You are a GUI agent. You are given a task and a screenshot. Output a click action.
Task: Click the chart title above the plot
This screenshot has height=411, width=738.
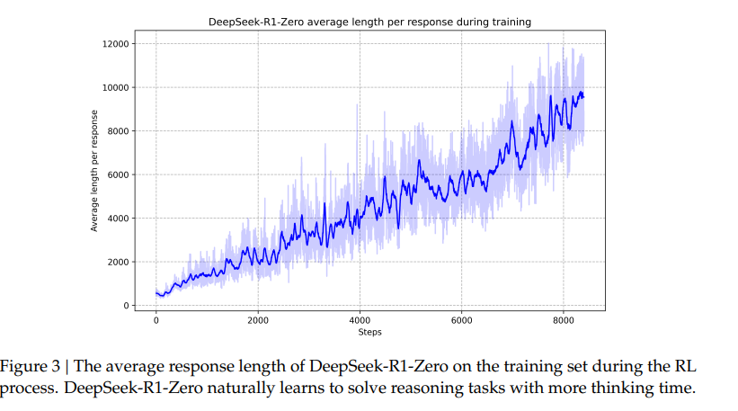click(x=369, y=21)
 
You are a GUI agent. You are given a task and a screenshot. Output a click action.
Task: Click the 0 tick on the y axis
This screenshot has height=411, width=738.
click(x=128, y=306)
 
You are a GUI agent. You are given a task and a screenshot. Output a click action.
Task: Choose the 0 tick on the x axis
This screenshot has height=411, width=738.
click(x=156, y=320)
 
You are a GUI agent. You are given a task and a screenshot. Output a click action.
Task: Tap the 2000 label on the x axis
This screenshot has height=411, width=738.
click(x=258, y=320)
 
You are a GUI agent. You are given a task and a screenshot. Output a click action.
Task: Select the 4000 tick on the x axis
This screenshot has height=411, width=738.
click(x=360, y=320)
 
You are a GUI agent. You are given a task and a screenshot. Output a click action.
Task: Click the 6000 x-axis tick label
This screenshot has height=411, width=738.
click(x=461, y=320)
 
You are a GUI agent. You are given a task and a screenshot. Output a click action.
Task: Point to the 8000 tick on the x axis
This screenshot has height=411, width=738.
click(x=564, y=320)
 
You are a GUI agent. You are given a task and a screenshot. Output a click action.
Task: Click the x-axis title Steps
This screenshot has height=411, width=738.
click(x=369, y=333)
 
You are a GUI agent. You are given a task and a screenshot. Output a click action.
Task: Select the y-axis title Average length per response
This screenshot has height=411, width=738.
click(x=94, y=174)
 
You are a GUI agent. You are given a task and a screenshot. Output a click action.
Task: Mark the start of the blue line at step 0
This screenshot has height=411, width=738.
click(x=156, y=292)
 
